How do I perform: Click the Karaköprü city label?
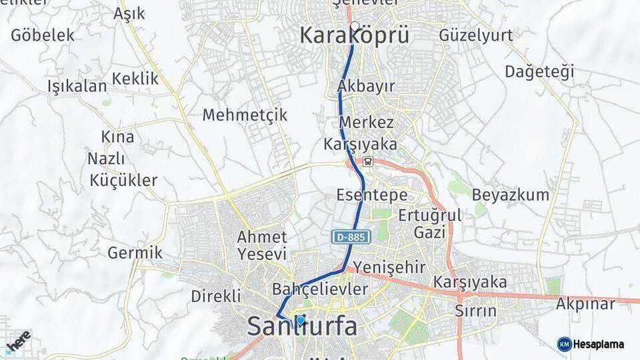tap(354, 35)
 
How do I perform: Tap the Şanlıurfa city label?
tap(302, 326)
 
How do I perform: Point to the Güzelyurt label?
tap(476, 35)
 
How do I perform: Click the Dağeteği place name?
tap(539, 71)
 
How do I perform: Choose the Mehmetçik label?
tap(245, 115)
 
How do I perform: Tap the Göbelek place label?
tap(43, 35)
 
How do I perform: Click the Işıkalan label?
tap(77, 86)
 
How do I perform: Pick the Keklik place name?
tap(136, 79)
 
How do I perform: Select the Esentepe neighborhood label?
tap(372, 195)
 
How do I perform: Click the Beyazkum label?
tap(511, 195)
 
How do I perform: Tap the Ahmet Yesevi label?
tap(262, 245)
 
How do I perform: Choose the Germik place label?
tap(135, 253)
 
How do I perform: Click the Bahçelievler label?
tap(320, 289)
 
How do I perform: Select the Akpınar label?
tap(591, 304)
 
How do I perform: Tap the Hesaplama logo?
tap(591, 344)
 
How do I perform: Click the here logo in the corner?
tap(17, 341)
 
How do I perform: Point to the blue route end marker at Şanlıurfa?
tap(301, 320)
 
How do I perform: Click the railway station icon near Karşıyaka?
tap(368, 161)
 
